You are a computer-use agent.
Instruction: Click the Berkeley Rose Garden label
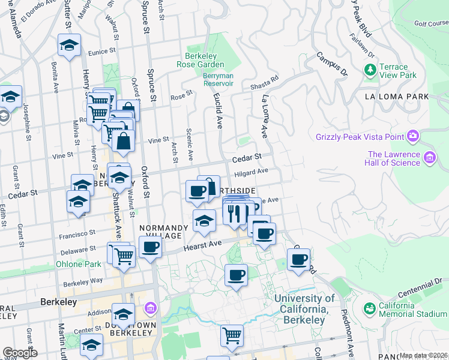tap(200, 59)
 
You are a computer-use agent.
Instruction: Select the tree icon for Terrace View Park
tap(370, 70)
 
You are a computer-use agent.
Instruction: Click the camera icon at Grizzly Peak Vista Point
tap(412, 136)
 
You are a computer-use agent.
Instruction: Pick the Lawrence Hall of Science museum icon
tap(429, 158)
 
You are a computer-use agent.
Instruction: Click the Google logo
tap(20, 353)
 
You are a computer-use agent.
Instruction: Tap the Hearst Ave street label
tap(203, 245)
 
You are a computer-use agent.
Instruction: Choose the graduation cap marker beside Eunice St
tap(70, 45)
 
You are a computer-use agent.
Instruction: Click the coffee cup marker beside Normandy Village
tap(151, 246)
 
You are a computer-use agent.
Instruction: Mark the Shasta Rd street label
tap(265, 83)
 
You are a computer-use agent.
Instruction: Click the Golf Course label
tap(431, 23)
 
